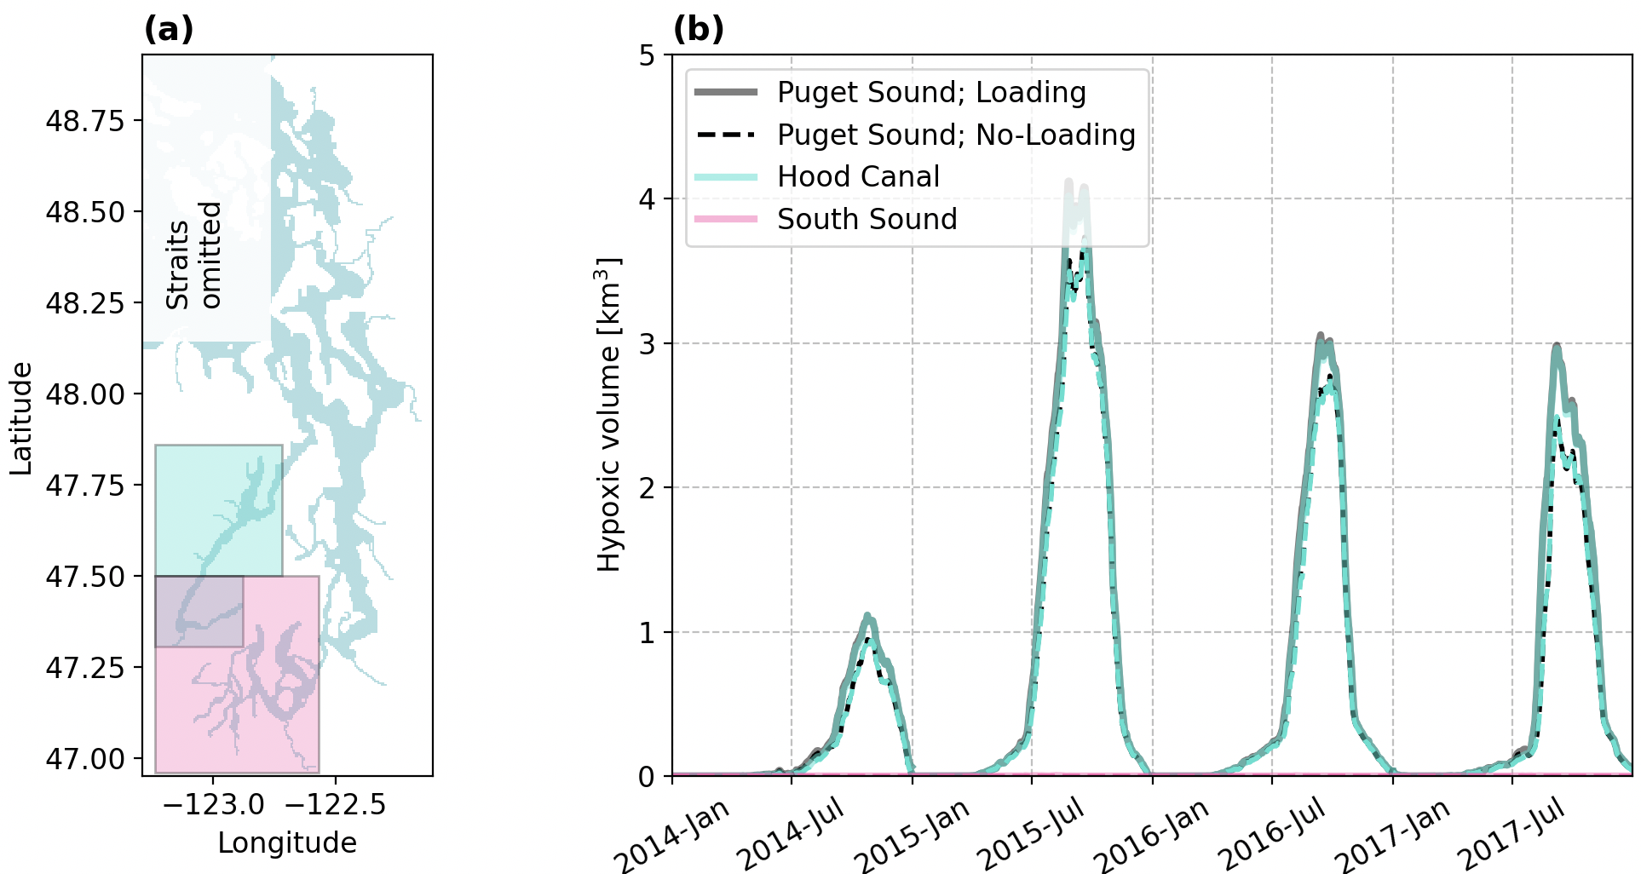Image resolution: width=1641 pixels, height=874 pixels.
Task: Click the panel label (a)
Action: (169, 30)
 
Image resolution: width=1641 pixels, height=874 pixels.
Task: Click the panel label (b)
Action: (698, 30)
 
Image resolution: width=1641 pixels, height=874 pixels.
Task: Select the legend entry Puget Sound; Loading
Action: (931, 92)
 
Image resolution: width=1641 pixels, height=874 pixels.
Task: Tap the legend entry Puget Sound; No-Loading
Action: (956, 135)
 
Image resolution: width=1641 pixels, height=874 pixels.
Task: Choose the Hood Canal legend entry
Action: (858, 176)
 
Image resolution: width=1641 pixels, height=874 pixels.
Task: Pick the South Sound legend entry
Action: (867, 219)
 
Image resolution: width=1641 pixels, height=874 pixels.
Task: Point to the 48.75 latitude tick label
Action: (84, 121)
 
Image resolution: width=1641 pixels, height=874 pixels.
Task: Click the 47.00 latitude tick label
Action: (84, 758)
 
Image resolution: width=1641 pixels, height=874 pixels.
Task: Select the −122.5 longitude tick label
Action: (335, 804)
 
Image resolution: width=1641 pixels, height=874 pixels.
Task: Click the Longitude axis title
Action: (287, 842)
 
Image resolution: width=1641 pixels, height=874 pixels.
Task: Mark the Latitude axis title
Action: (21, 418)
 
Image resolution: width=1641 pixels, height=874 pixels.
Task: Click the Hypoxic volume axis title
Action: (608, 414)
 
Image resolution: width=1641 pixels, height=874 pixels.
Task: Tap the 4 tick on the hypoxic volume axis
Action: (648, 199)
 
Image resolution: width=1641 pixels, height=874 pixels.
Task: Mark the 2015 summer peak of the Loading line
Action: (1068, 181)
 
